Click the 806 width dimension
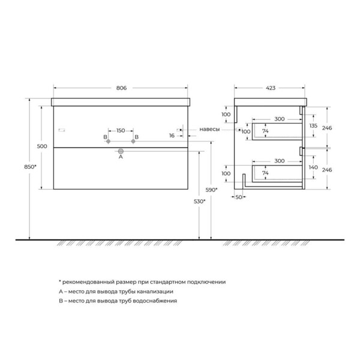121,88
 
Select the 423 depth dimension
271,88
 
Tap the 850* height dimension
31,167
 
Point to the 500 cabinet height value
42,146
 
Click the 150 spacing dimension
121,130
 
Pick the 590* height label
211,190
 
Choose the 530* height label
200,202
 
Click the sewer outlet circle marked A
121,151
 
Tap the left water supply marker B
109,142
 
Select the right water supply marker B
133,142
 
